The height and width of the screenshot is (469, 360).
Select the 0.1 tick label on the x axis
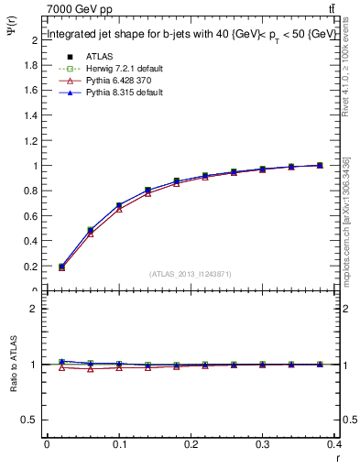(119, 444)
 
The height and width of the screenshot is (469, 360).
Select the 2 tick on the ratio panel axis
(34, 309)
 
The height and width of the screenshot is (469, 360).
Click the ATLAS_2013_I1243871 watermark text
(191, 275)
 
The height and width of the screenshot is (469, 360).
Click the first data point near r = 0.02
(61, 267)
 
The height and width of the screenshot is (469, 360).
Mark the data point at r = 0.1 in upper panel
(119, 206)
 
